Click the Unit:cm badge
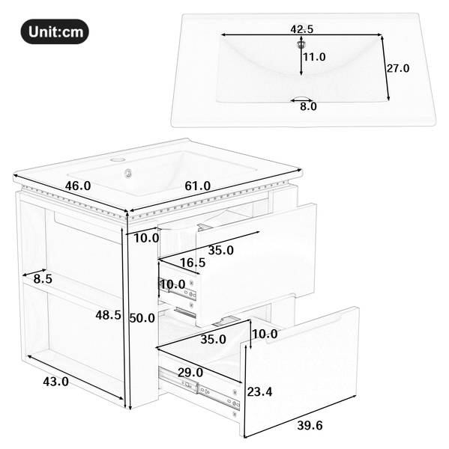coord(55,31)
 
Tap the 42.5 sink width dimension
coord(302,29)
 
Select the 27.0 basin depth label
coord(398,68)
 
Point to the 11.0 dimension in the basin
coord(314,57)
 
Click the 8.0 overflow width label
coord(308,106)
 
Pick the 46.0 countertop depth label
coord(78,186)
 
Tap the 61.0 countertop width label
coord(197,186)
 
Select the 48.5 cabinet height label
coord(108,315)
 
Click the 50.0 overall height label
coord(142,318)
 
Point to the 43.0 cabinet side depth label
coord(55,382)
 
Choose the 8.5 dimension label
coord(43,278)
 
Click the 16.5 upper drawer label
coord(193,263)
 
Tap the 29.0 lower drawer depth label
coord(190,373)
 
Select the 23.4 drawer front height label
coord(259,391)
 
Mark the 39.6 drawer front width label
coord(310,425)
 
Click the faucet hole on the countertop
coord(117,159)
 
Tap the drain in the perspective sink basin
coord(128,174)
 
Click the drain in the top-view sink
coord(301,44)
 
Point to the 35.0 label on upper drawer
coord(221,250)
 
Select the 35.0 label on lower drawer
coord(213,339)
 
